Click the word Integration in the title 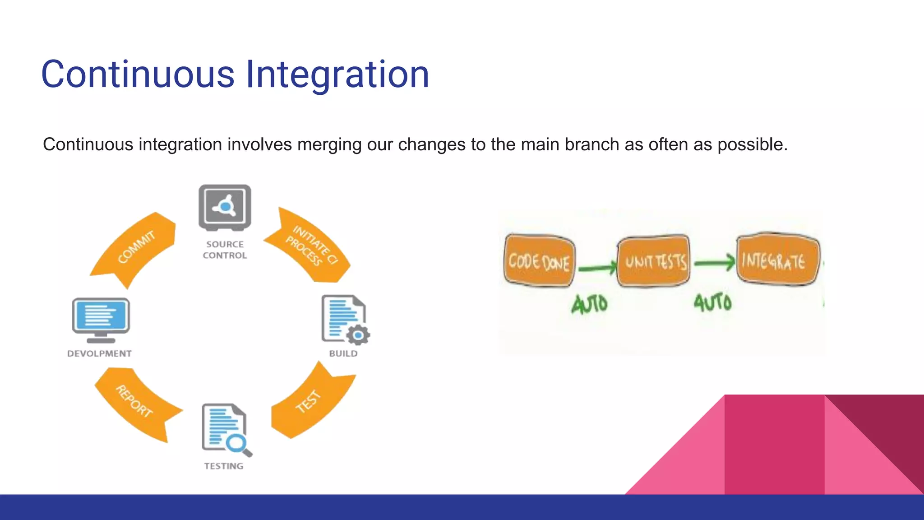click(x=337, y=74)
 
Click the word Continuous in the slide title click(x=138, y=74)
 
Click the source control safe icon click(x=225, y=207)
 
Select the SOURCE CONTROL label click(x=225, y=250)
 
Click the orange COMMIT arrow click(x=135, y=248)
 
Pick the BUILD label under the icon click(x=343, y=353)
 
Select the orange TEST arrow click(x=311, y=402)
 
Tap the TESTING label click(x=223, y=466)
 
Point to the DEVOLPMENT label click(x=99, y=353)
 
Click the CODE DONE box click(x=539, y=261)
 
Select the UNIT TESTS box click(x=654, y=261)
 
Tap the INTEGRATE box click(x=777, y=260)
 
